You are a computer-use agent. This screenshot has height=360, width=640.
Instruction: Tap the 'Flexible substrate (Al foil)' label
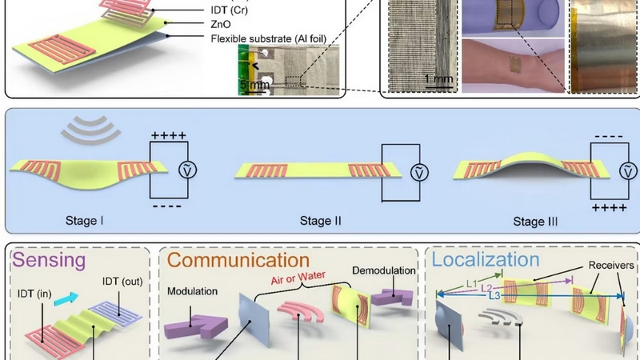point(269,38)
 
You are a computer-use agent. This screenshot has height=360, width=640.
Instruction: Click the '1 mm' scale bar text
point(439,78)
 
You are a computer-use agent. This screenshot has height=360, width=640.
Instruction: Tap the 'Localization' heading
point(486,260)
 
